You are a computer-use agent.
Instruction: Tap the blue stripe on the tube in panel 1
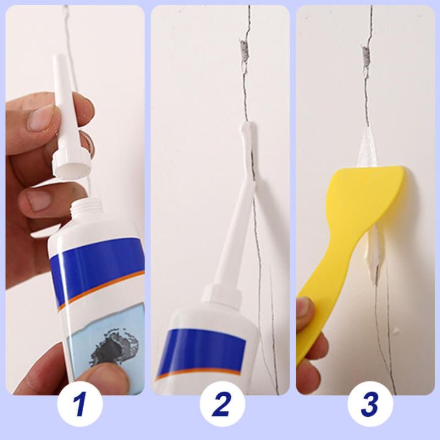pyautogui.click(x=98, y=263)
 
